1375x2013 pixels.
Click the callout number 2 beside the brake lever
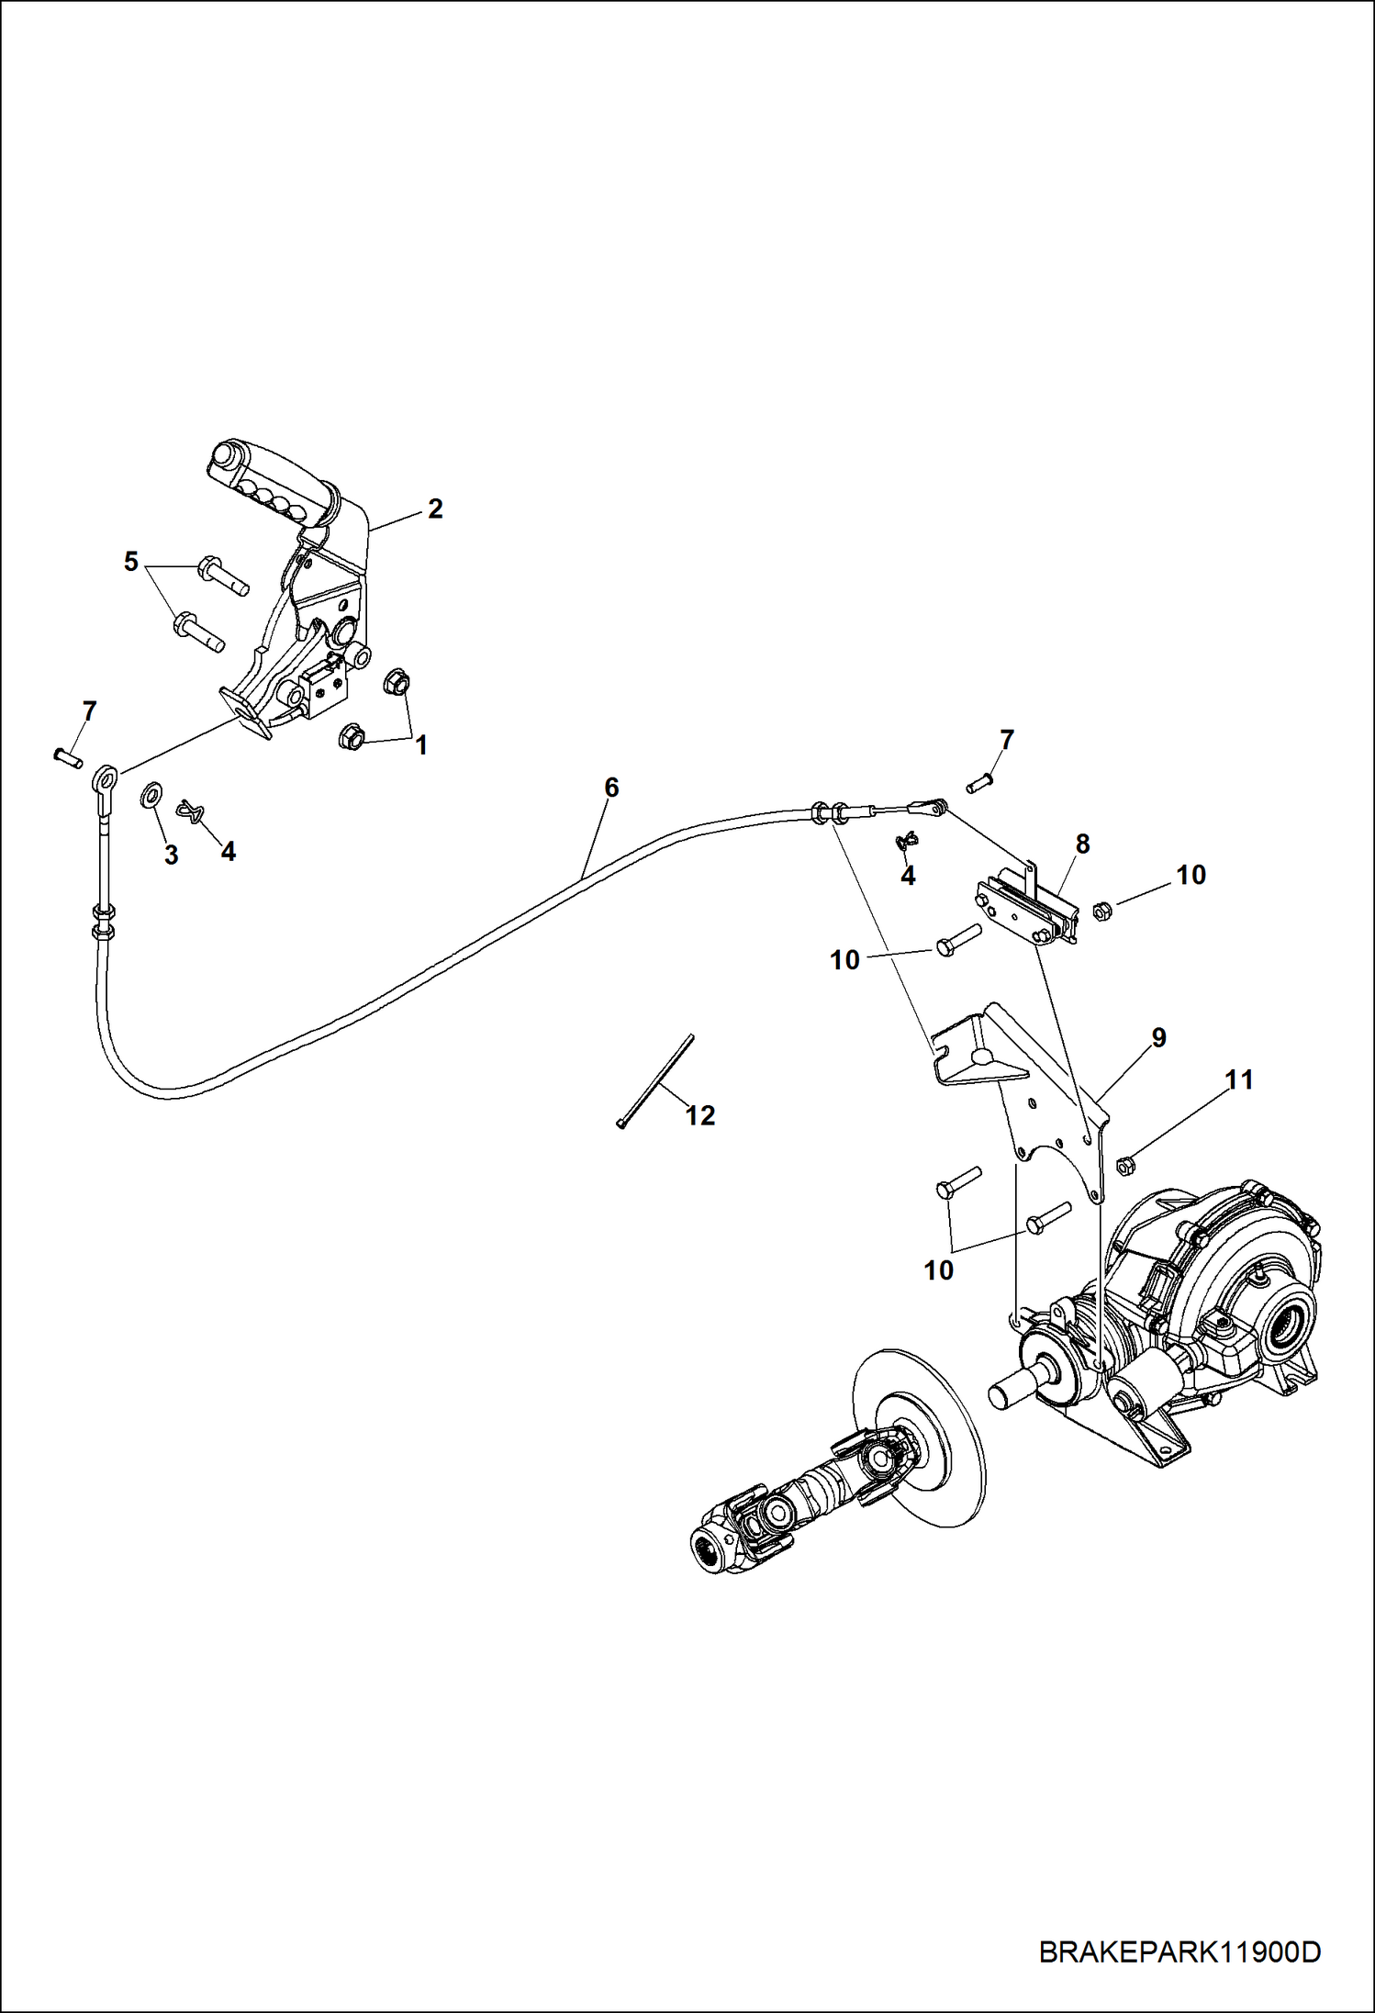coord(435,508)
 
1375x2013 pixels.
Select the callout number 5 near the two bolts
coord(131,561)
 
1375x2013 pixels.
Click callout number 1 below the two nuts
coord(421,745)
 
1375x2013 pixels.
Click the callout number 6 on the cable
coord(611,787)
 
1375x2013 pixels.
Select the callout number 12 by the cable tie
coord(700,1115)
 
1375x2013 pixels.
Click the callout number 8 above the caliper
coord(1082,844)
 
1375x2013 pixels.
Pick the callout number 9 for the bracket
coord(1158,1037)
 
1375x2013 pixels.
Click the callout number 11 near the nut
coord(1239,1079)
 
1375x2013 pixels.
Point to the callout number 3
coord(171,855)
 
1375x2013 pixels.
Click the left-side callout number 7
coord(89,711)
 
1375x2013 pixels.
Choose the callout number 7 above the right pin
coord(1007,739)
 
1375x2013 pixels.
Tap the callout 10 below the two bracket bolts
coord(938,1270)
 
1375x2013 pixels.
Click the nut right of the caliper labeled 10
coord(1103,911)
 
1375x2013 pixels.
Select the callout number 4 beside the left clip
coord(228,851)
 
